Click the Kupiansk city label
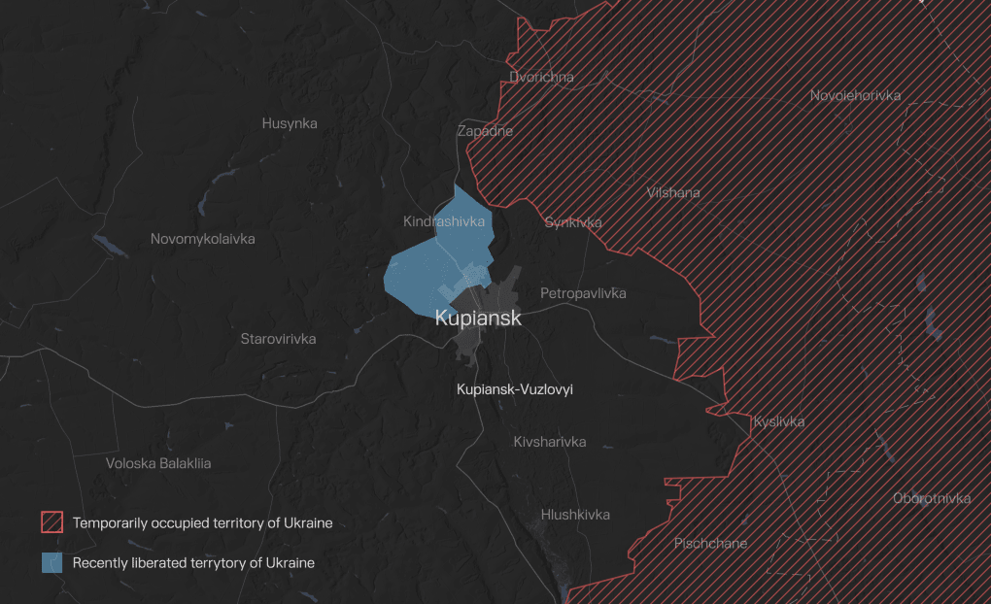[x=478, y=318]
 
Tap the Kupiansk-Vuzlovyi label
[x=515, y=389]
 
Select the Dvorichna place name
[x=541, y=77]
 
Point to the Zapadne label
[x=485, y=131]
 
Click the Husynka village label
[x=290, y=123]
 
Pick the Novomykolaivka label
[x=203, y=239]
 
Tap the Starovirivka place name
[x=278, y=339]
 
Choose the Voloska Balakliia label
[x=158, y=463]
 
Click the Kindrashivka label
[x=444, y=221]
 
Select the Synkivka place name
[x=573, y=221]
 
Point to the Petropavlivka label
[x=583, y=293]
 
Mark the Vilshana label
[x=673, y=192]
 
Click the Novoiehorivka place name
[x=856, y=95]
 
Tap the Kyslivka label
[x=779, y=421]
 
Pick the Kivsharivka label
[x=550, y=442]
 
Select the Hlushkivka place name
[x=575, y=515]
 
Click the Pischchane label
[x=710, y=543]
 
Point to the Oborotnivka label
[x=932, y=498]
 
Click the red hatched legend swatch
[x=52, y=522]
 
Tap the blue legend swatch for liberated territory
[x=52, y=562]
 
